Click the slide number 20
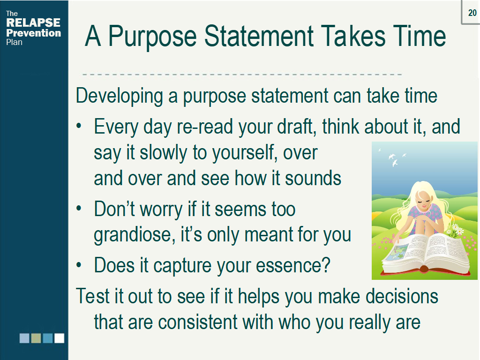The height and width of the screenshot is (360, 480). pos(472,13)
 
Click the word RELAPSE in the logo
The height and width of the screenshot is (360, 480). pos(33,22)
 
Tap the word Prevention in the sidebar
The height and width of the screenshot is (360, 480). pos(34,33)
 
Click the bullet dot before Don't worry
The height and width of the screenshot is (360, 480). pos(79,208)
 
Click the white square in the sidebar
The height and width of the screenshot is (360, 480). pos(60,338)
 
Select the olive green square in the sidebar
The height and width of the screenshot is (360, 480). pos(36,338)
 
